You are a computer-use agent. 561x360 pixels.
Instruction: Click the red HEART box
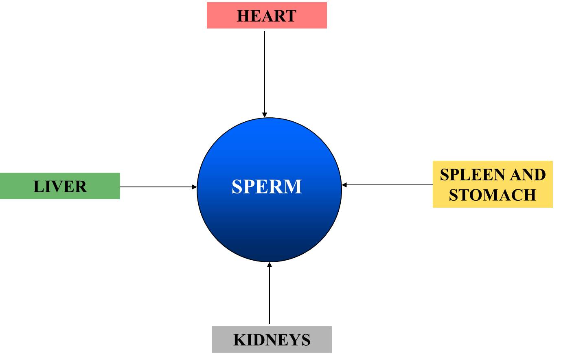(267, 15)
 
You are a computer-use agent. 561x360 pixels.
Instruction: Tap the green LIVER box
(60, 186)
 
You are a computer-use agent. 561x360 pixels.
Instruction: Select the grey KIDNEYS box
(272, 339)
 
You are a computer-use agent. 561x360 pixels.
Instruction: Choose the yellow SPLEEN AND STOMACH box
(493, 184)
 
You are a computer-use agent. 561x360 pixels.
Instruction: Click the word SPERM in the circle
(267, 187)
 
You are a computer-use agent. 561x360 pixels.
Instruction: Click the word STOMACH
(493, 195)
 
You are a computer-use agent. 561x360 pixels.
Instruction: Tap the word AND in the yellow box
(528, 175)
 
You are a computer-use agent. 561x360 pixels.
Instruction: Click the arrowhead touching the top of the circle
(265, 115)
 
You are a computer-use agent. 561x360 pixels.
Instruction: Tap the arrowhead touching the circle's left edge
(194, 187)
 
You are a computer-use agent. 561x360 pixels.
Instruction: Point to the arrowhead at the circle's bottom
(270, 265)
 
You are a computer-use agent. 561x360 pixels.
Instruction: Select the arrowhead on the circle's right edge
(344, 185)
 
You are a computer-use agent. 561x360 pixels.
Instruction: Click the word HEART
(267, 16)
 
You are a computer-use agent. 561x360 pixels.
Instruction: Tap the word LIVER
(60, 187)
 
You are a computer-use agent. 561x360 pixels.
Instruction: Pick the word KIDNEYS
(272, 340)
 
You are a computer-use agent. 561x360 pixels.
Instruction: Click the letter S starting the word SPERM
(237, 187)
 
